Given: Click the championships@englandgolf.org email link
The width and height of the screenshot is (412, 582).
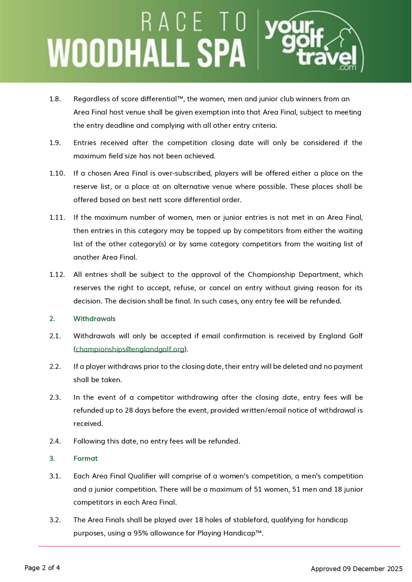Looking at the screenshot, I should click(x=130, y=349).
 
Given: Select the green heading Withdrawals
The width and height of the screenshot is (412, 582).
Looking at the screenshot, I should click(x=94, y=319).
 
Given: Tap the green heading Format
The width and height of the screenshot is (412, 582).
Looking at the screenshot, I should click(x=85, y=458).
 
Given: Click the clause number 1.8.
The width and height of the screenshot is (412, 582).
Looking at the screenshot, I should click(x=55, y=99).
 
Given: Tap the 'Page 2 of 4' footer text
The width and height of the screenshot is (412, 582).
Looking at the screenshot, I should click(x=42, y=568).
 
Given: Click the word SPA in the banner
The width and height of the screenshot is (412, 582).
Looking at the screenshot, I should click(x=221, y=53).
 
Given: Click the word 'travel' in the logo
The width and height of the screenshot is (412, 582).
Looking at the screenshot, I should click(x=327, y=57).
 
